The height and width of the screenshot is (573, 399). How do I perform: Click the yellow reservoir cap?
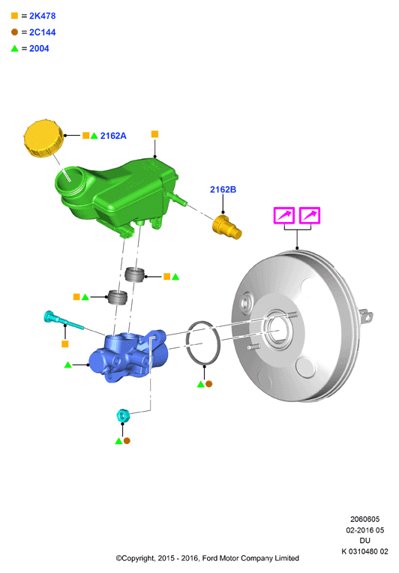click(x=43, y=138)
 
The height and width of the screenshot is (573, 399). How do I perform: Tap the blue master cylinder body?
click(x=128, y=355)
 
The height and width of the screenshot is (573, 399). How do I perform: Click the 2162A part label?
click(x=113, y=136)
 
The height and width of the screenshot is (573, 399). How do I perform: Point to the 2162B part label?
click(x=223, y=189)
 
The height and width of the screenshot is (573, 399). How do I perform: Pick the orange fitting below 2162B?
click(x=227, y=227)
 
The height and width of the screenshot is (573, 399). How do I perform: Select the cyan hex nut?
click(x=123, y=415)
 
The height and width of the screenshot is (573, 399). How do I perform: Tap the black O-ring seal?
click(x=203, y=343)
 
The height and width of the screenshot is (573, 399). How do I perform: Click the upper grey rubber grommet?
click(x=134, y=274)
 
